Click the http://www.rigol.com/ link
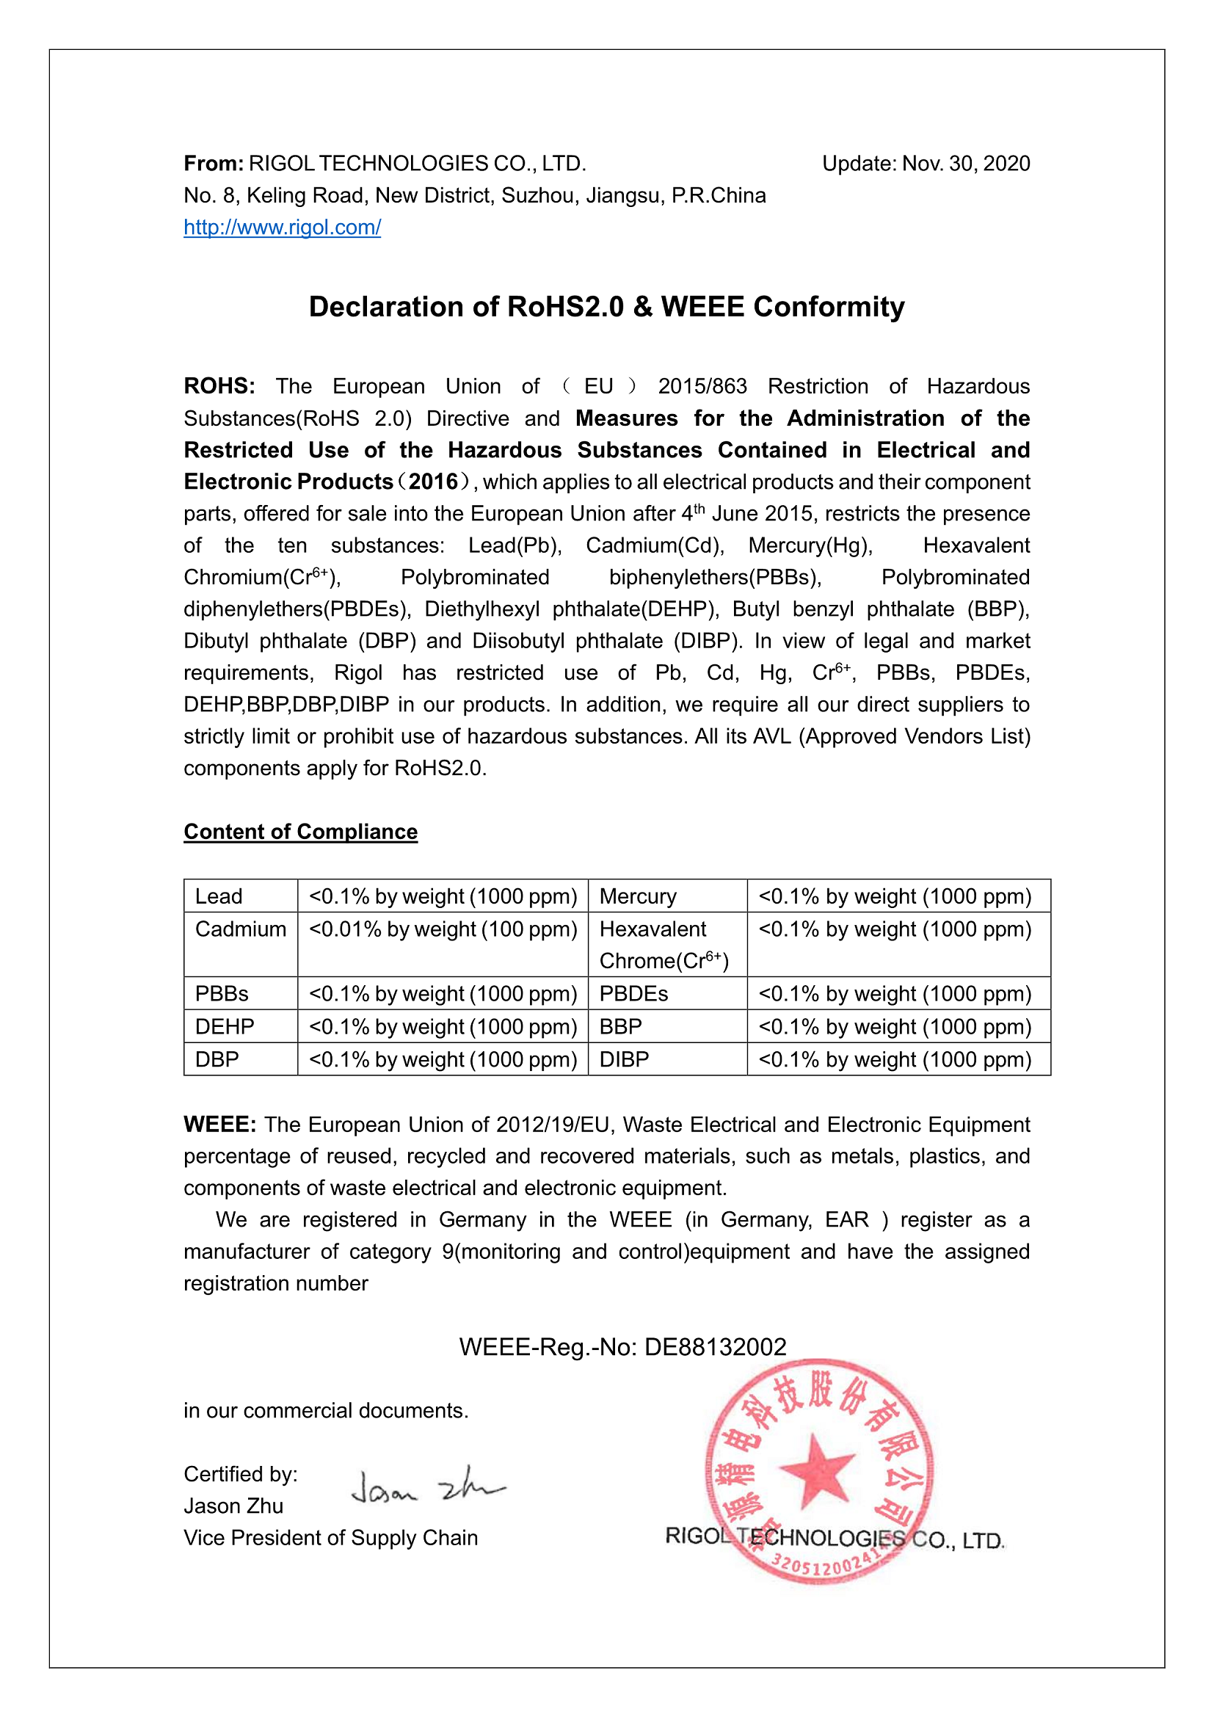[x=282, y=228]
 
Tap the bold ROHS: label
[x=219, y=387]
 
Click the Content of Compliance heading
[x=300, y=832]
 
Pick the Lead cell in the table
[x=219, y=896]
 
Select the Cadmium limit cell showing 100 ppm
[x=443, y=929]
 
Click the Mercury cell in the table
[x=638, y=896]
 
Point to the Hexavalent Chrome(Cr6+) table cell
[x=664, y=945]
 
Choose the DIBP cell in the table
[x=624, y=1060]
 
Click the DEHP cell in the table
[x=225, y=1027]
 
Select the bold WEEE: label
[x=220, y=1125]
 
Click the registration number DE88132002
[x=716, y=1347]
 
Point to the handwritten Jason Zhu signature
[x=428, y=1487]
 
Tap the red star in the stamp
[x=817, y=1470]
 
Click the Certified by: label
[x=241, y=1474]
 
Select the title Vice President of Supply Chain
[x=330, y=1538]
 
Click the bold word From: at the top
[x=214, y=164]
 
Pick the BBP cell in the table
[x=620, y=1027]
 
